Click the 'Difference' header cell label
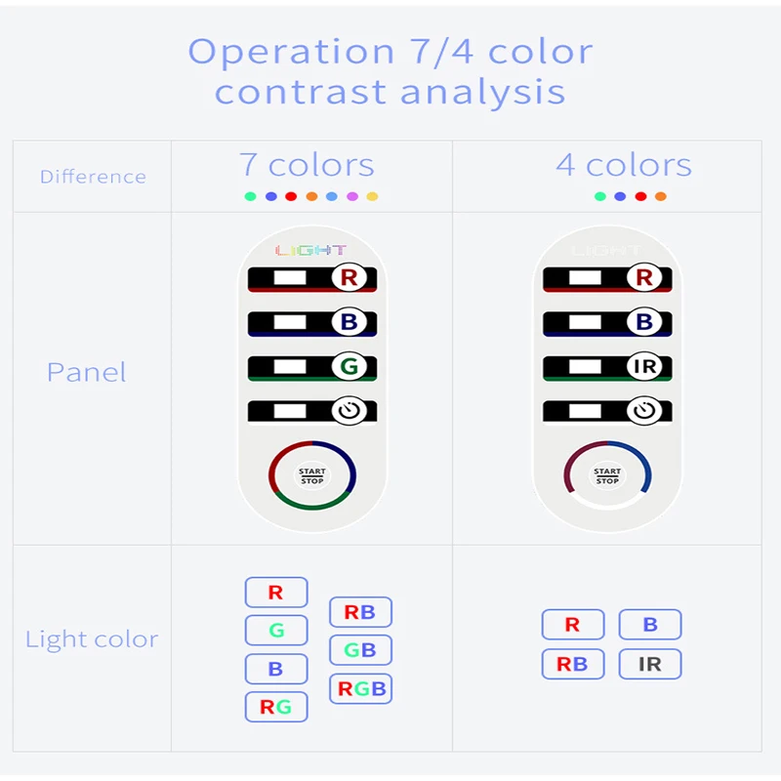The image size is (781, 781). (93, 177)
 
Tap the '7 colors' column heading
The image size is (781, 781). (307, 165)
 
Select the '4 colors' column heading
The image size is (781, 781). (624, 165)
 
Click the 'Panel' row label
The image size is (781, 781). (86, 372)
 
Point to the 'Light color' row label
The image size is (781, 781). (92, 639)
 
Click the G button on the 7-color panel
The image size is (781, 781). (349, 368)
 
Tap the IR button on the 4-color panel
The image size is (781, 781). (644, 368)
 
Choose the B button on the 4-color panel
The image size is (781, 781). (644, 321)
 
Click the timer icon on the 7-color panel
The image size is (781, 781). (349, 411)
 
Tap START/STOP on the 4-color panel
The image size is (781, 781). (607, 476)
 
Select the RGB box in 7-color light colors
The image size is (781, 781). (361, 688)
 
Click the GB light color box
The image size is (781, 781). (360, 650)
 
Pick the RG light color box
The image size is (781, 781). (275, 707)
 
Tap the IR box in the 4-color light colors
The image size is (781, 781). (649, 665)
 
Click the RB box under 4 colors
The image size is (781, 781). (572, 665)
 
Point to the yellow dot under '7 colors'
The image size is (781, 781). (372, 196)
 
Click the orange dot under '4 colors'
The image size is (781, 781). (661, 196)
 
